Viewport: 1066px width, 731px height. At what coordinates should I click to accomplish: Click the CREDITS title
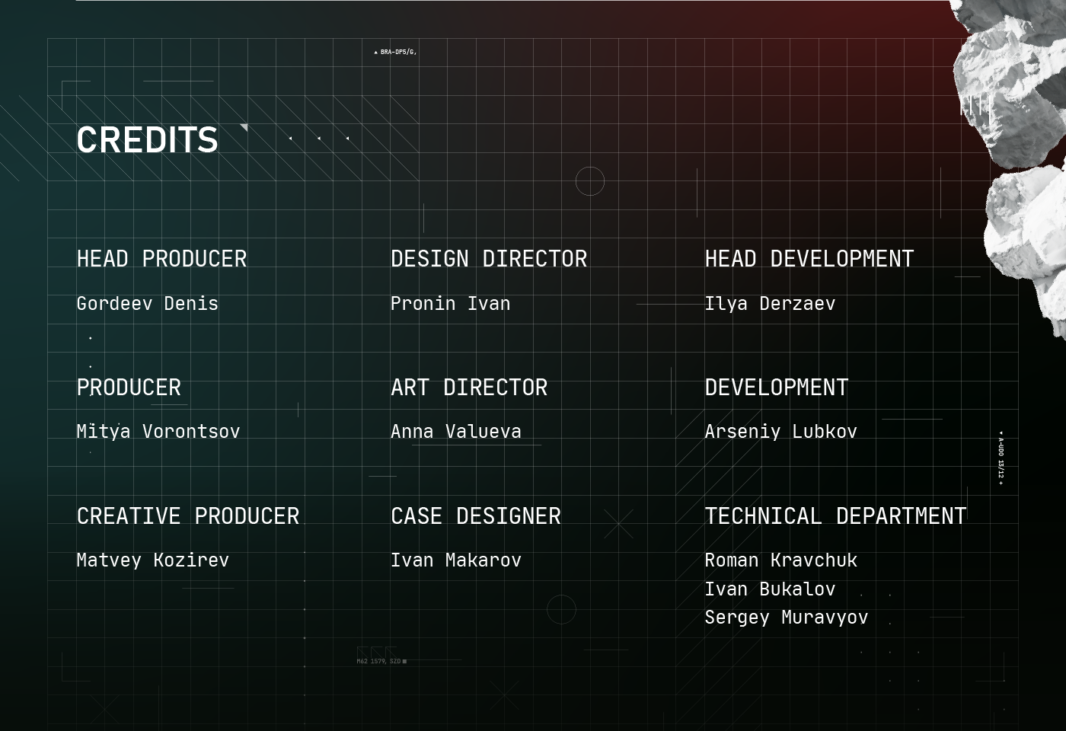click(x=147, y=140)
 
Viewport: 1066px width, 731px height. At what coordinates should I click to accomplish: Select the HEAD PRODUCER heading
click(x=161, y=259)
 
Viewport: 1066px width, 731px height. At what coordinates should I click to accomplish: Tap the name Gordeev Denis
click(x=147, y=304)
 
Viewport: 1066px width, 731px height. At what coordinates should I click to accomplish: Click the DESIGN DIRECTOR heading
click(x=489, y=259)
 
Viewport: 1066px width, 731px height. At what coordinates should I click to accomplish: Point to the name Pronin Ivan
click(x=450, y=304)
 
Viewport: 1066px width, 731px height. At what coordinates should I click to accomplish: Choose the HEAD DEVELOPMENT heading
click(x=809, y=259)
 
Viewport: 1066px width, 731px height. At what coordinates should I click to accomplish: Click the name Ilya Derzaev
click(x=770, y=304)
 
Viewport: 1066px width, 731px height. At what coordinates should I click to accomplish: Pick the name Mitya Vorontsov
click(x=158, y=432)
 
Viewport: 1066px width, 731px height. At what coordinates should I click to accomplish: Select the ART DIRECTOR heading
click(x=469, y=388)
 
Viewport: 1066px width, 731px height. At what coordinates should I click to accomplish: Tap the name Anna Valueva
click(x=455, y=432)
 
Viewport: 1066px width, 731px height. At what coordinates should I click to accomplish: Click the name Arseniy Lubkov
click(x=780, y=432)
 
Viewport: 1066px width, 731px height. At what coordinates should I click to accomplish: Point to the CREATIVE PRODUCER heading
click(x=188, y=516)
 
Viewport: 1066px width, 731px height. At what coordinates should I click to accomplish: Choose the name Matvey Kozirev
click(x=152, y=560)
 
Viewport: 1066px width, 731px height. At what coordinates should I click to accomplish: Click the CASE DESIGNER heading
click(x=475, y=516)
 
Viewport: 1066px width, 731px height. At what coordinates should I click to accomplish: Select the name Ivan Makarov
click(x=455, y=560)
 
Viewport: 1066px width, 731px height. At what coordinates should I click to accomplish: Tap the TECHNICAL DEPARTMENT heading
click(x=835, y=516)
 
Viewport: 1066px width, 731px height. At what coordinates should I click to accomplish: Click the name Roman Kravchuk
click(x=780, y=560)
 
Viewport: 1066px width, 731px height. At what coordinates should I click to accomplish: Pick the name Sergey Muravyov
click(x=786, y=618)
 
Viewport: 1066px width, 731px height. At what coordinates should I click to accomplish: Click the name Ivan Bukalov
click(x=770, y=589)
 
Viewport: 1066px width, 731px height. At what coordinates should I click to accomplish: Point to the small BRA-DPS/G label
click(x=397, y=53)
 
